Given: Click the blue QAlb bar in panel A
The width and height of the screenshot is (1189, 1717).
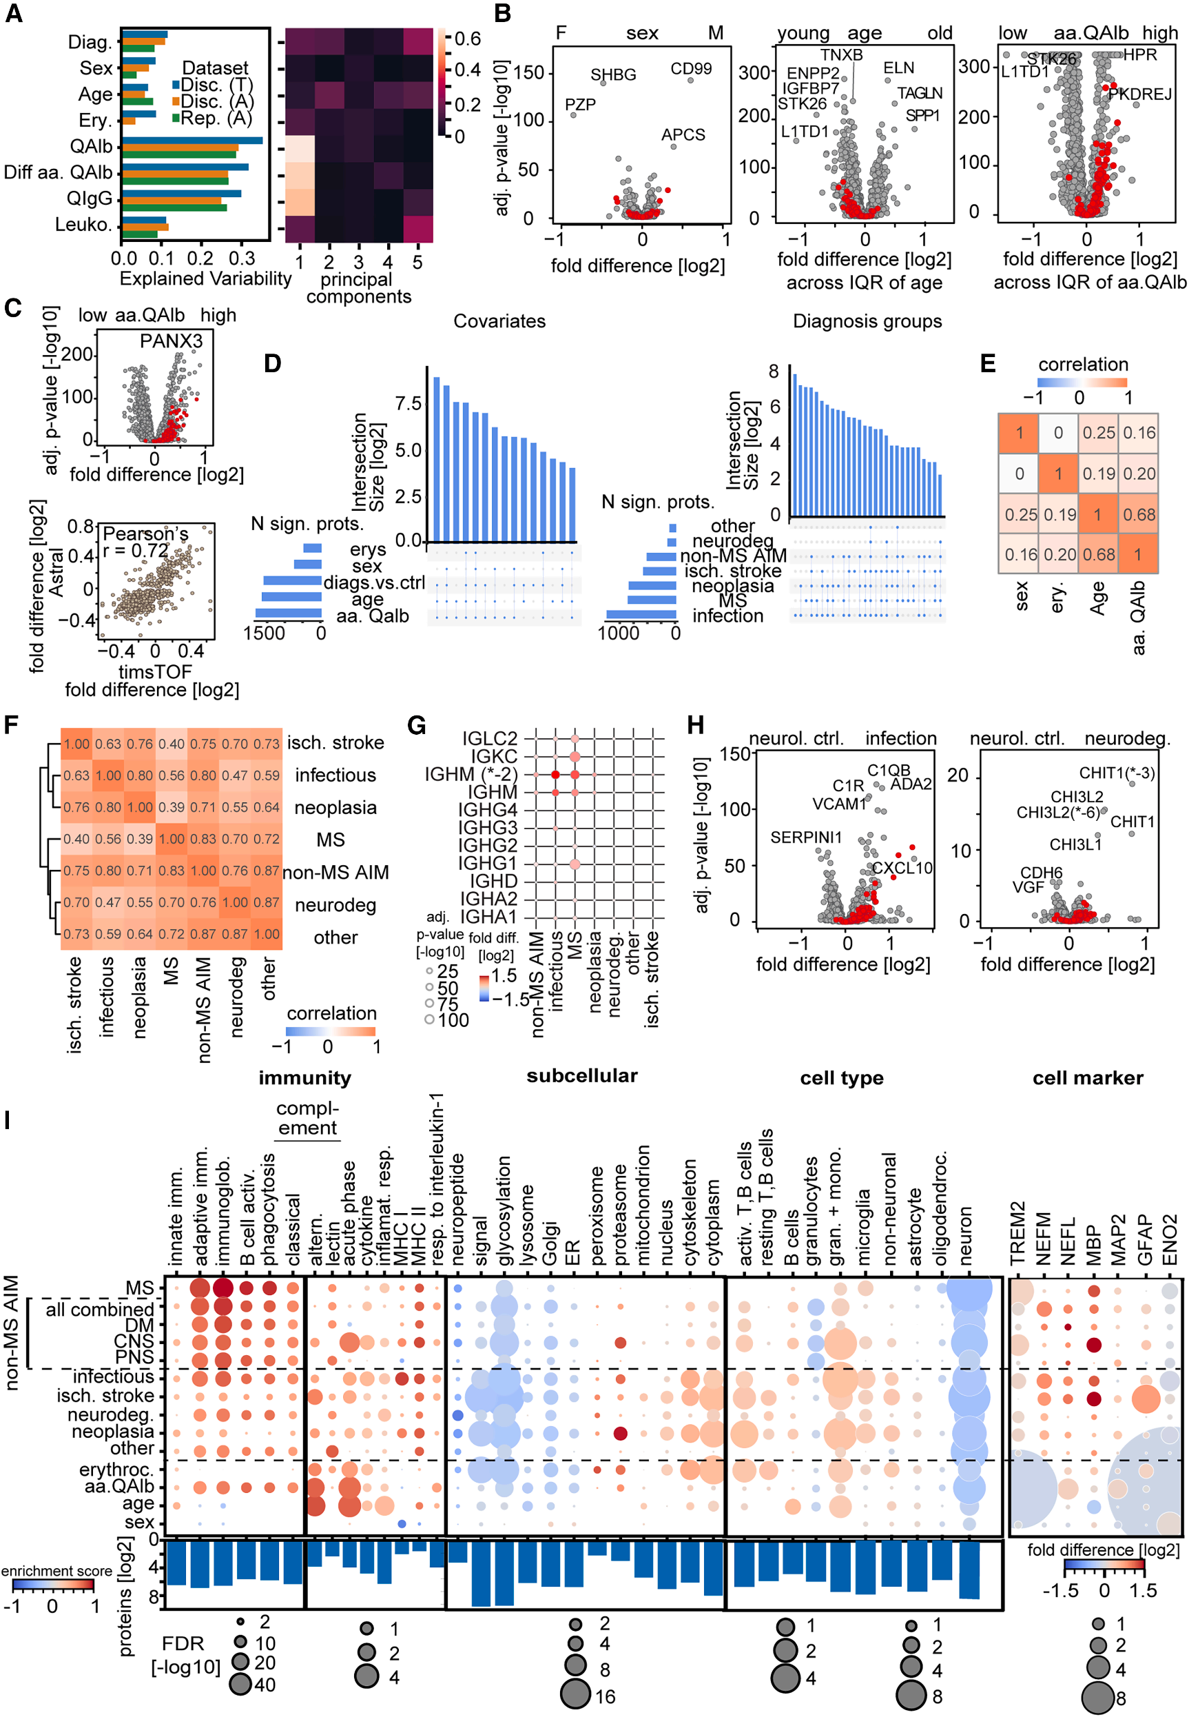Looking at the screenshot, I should coord(192,140).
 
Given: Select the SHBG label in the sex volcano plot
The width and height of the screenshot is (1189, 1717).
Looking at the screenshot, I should coord(613,74).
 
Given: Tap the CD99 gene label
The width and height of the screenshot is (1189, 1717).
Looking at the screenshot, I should coord(691,68).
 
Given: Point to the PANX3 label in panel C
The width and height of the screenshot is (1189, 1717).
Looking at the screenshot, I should coord(172,341).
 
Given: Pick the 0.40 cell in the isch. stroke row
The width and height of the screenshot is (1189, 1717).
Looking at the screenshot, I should coord(172,744).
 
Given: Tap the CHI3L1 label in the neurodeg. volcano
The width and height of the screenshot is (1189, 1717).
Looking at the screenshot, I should coord(1075,844).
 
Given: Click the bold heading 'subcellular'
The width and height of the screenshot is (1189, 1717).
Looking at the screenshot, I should coord(582,1075).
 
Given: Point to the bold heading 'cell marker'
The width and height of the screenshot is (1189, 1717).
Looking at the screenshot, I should coord(1087,1077).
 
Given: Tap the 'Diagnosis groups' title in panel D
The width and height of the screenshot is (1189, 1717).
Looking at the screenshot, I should coord(867,321).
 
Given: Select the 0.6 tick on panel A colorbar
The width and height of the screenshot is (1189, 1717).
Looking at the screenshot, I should coord(467,39).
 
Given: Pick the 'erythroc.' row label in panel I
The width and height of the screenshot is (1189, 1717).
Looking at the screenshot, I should coord(116,1470).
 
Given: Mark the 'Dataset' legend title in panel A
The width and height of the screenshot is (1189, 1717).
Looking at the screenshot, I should coord(216,68).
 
